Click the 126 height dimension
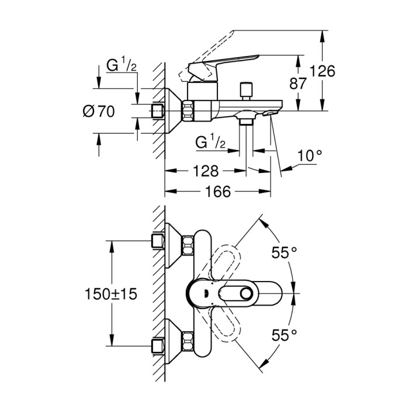(322, 71)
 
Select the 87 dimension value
(298, 84)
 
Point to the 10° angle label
(310, 156)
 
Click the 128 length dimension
(205, 171)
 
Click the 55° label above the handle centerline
(285, 254)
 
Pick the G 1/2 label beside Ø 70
(122, 67)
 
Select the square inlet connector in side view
(157, 110)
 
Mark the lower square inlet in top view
(157, 345)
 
